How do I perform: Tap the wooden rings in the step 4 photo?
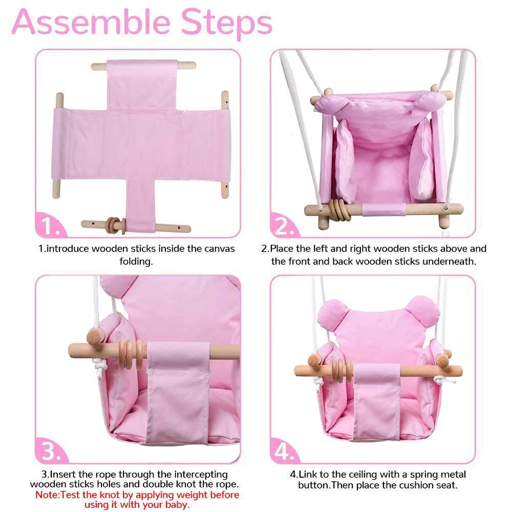click(341, 370)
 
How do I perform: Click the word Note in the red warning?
click(47, 495)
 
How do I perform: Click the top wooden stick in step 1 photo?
click(143, 66)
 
